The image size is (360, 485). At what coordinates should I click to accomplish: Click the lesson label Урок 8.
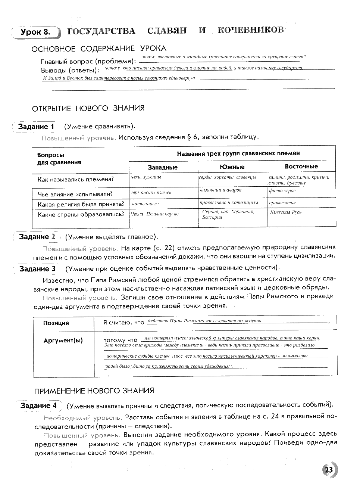pos(35,32)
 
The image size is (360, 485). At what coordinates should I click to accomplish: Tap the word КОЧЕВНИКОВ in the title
pos(250,30)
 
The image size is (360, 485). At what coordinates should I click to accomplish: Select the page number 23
pos(329,470)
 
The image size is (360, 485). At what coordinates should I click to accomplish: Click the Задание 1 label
pos(36,127)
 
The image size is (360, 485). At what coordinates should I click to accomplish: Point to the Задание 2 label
pos(37,237)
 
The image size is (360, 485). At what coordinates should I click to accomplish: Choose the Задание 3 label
pos(37,268)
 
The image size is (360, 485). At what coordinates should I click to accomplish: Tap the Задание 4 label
pos(38,405)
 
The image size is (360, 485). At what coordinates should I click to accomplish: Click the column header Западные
pos(163,167)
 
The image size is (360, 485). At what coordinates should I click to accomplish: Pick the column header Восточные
pos(301,167)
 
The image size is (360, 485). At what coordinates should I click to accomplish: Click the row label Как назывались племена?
pos(75,179)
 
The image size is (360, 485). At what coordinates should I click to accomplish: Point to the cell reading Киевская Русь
pos(286,212)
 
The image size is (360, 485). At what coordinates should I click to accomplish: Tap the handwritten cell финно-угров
pos(282,191)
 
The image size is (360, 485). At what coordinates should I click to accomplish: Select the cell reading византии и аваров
pos(220,190)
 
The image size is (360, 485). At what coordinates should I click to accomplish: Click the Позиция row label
pos(56,323)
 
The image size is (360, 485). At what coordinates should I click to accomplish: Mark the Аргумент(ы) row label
pos(63,340)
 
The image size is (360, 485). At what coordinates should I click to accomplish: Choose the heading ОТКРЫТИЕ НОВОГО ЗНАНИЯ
pos(88,108)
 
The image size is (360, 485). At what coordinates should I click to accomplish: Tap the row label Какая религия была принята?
pos(81,204)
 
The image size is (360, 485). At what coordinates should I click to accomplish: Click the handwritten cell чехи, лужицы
pos(146,177)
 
